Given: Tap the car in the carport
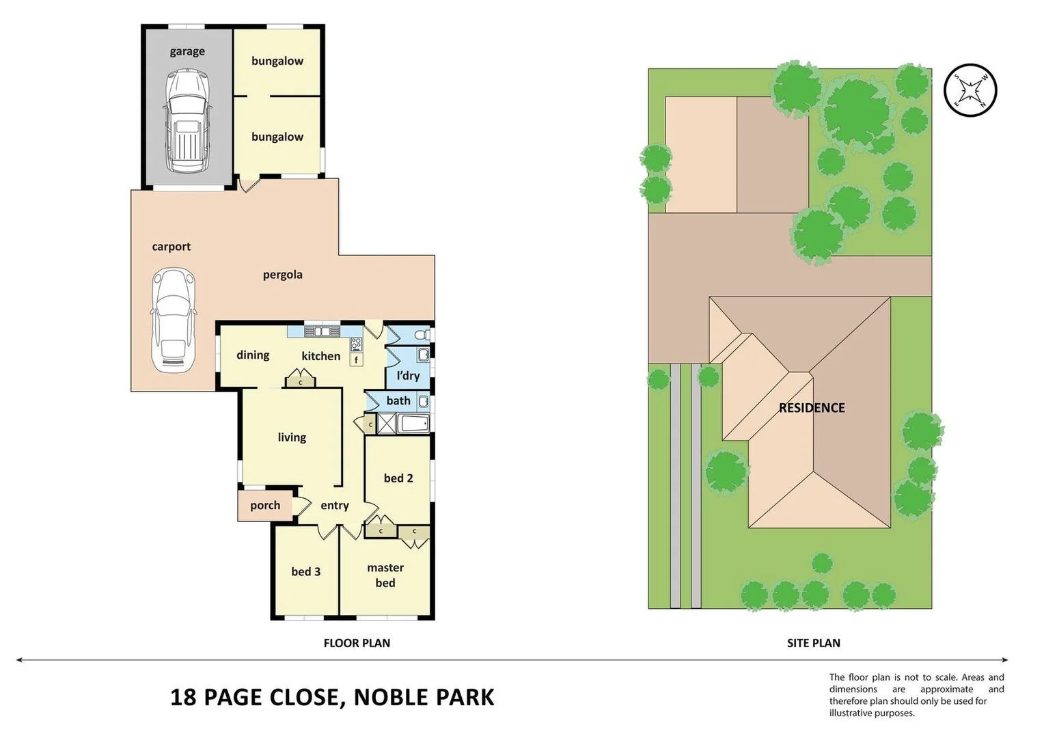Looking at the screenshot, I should coord(173,320).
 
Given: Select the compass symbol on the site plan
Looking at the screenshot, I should coord(970,90).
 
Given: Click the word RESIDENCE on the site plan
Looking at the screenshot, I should coord(811,408).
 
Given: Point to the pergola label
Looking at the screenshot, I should coord(282,275).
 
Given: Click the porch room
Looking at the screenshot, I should coord(264,506).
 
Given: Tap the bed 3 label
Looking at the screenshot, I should coord(305,572).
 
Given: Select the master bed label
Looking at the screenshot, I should coord(385,575).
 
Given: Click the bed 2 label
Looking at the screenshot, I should coord(398,478).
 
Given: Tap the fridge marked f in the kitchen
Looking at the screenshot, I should coord(356,359).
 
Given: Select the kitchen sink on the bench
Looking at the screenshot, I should coord(322,331).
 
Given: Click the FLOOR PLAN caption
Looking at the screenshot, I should coord(357,643).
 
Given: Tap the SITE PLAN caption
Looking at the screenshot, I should coord(813,643).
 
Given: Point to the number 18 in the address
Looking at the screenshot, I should coord(183,697).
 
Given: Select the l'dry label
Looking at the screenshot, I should coord(408,376).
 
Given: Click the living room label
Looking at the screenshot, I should coord(292,437).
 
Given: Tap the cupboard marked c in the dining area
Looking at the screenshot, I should coord(300,379).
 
